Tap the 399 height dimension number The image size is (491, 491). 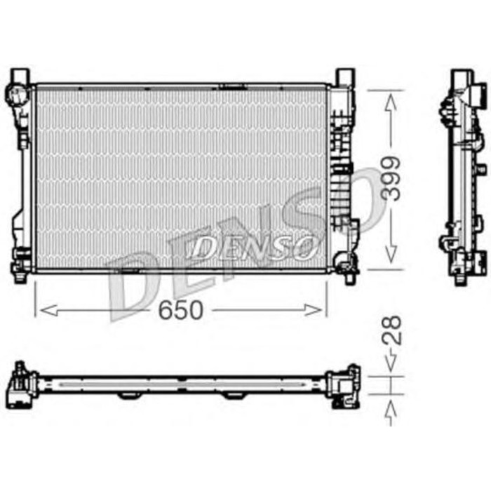click(x=394, y=179)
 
